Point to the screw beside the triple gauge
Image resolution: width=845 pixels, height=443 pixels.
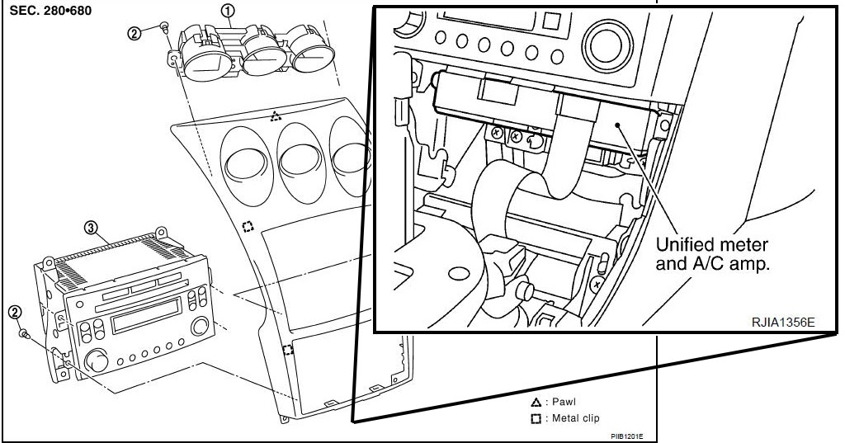(x=165, y=27)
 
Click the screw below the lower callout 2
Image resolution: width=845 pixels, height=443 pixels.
(x=26, y=334)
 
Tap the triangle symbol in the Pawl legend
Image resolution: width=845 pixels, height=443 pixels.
(x=536, y=403)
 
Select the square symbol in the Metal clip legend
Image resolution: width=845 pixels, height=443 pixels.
(x=536, y=418)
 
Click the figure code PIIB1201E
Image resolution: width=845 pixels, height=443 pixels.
(x=627, y=436)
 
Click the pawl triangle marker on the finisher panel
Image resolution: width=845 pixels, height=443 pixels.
(x=276, y=116)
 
